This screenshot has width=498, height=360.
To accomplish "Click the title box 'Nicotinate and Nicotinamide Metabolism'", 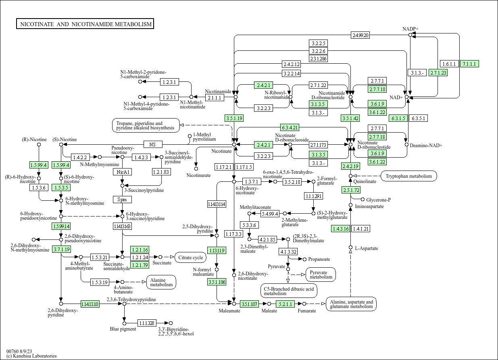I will (85, 24).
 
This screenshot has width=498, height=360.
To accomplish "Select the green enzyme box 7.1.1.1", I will (469, 64).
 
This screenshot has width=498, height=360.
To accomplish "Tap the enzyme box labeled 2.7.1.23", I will (438, 73).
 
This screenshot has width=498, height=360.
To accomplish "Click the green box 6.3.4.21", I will (290, 127).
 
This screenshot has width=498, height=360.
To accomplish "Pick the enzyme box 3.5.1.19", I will (234, 118).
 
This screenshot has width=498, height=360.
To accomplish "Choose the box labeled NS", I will (153, 144).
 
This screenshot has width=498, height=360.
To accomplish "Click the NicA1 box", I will (122, 172).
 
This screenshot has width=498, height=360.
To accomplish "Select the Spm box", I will (122, 200).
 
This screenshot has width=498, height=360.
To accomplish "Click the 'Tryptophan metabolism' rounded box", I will (408, 176).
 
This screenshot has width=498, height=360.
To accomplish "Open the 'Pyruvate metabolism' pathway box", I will (321, 274).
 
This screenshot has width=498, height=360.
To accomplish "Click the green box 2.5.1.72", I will (351, 189).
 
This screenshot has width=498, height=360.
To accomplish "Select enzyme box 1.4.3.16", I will (340, 229).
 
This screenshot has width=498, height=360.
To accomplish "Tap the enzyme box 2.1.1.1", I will (214, 98).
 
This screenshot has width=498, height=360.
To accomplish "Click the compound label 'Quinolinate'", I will (365, 181).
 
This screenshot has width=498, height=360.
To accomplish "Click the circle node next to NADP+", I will (410, 35).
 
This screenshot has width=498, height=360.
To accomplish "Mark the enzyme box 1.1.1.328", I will (147, 323).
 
